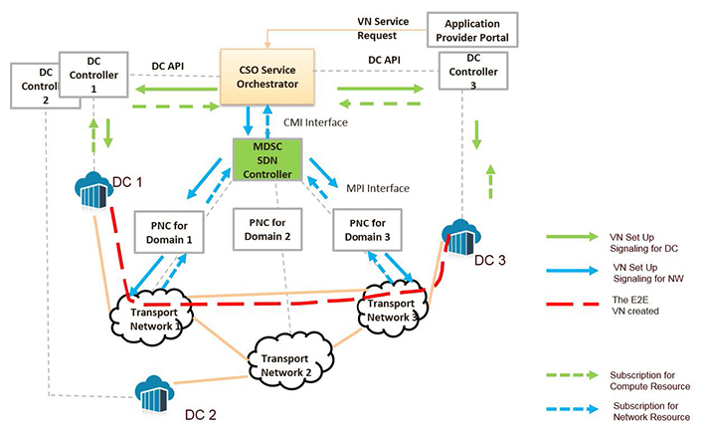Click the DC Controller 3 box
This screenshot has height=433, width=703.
point(471,72)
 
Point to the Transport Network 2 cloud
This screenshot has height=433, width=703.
point(289,360)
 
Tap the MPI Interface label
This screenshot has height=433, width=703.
point(379,186)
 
